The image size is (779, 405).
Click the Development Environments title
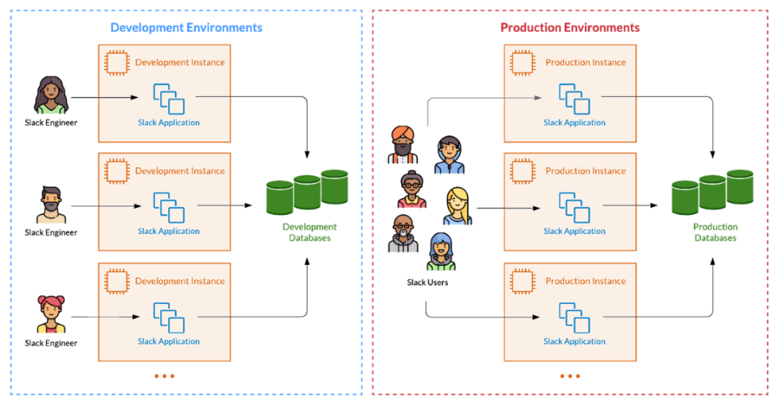point(186,27)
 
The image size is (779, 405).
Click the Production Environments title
point(570,27)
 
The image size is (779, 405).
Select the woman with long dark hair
point(51,95)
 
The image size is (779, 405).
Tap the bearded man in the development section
point(51,205)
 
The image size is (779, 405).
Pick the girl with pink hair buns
point(51,315)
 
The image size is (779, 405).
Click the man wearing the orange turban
point(403,144)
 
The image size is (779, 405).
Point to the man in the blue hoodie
point(449,156)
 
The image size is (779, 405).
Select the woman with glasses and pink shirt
point(412,191)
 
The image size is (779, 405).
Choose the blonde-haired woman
point(457,207)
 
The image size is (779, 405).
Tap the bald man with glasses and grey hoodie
point(403,234)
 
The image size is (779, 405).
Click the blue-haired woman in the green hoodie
point(441,252)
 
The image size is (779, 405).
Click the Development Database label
point(309,232)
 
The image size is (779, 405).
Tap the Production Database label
point(715,232)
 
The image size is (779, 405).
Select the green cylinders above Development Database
point(307,191)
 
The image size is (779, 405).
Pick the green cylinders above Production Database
point(713,191)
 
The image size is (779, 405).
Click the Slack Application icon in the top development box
point(169,99)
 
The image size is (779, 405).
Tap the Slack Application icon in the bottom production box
point(574,318)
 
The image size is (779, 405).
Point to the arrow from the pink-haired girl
point(118,317)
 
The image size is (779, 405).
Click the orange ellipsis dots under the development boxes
point(164,375)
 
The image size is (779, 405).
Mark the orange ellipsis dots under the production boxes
point(570,375)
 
